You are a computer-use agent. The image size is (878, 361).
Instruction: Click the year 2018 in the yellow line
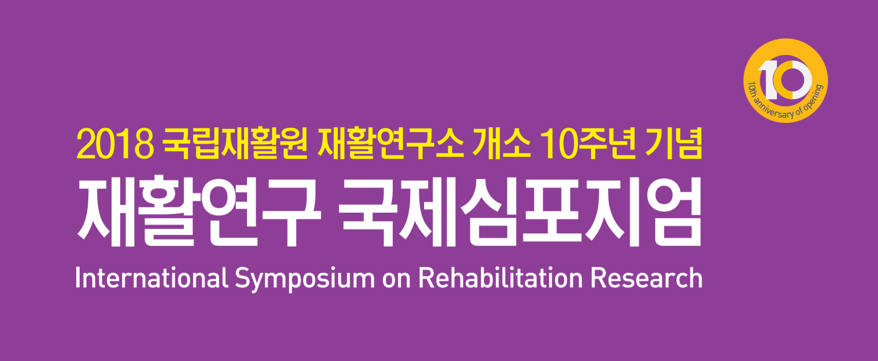coord(115,144)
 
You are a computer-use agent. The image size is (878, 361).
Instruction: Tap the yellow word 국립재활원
coord(235,143)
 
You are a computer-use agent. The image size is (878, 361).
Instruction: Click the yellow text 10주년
coord(588,143)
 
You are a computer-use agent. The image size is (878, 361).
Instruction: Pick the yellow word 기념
coord(674,143)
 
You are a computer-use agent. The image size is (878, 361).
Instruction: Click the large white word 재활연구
coord(199,212)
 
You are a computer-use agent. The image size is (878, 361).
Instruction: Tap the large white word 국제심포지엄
coord(521,212)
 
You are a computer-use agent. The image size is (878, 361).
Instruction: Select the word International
coord(151,278)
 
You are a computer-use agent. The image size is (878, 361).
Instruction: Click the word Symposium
coord(304,280)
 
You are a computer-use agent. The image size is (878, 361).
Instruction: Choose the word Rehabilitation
coord(500,278)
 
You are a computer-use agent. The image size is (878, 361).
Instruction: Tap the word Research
coord(646,278)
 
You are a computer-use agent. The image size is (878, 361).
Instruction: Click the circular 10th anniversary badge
coord(785,80)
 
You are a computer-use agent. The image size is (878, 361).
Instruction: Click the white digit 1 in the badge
coord(768,80)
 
